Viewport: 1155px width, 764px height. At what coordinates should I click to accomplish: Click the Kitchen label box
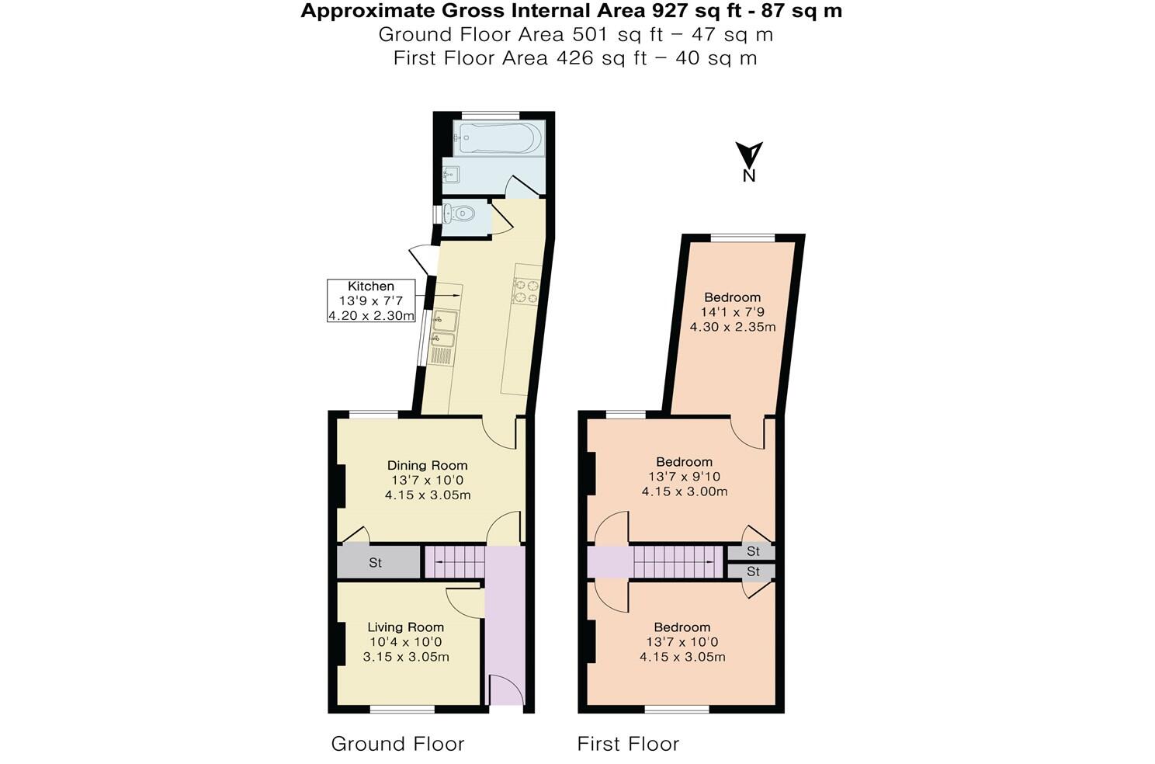371,300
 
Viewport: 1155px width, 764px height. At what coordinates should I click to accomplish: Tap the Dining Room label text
428,466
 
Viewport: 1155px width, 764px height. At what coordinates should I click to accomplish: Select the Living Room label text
405,627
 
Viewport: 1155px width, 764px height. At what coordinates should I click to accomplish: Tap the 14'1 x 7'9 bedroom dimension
732,312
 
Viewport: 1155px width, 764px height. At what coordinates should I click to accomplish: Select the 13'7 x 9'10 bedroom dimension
684,477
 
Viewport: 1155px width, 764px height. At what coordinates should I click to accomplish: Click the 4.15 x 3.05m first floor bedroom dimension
682,657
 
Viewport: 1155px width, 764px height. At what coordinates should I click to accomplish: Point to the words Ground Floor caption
397,744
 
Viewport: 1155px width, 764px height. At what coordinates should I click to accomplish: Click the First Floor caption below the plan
628,744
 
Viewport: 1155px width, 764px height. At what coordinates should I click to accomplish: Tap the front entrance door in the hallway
505,689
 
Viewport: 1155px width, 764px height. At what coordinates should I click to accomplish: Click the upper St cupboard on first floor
751,552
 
